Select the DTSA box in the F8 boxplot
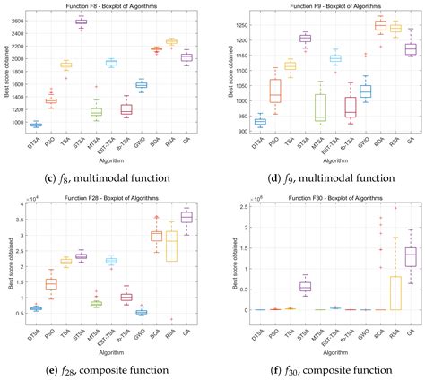click(x=35, y=125)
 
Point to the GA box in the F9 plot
click(x=411, y=48)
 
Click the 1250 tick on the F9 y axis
click(x=237, y=25)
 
